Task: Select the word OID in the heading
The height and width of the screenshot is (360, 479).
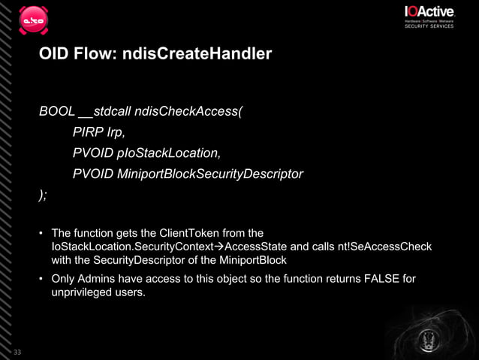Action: tap(54, 55)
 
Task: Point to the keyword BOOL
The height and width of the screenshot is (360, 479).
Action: tap(57, 112)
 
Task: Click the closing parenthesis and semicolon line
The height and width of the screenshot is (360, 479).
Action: tap(43, 195)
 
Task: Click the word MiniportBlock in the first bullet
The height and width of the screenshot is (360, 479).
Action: tap(253, 260)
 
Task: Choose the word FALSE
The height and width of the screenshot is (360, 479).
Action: tap(384, 280)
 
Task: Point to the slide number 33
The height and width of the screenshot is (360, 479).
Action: tap(17, 351)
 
